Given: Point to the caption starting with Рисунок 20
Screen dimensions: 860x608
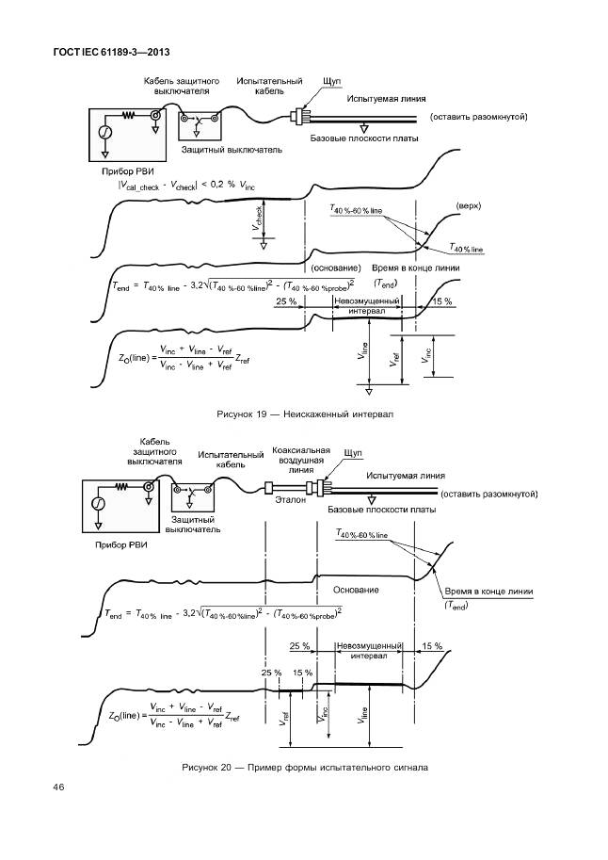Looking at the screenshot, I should [305, 767].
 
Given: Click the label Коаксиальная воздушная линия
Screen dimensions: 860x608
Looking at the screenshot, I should [298, 462].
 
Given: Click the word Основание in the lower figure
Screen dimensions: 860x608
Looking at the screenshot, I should [356, 590].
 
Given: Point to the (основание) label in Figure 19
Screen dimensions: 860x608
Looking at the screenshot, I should [336, 268].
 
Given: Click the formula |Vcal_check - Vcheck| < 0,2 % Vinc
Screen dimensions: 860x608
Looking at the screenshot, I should [186, 186].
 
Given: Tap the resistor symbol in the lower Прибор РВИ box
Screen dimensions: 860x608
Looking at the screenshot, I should [121, 488].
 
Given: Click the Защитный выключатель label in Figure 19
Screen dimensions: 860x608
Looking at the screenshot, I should [219, 149].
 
